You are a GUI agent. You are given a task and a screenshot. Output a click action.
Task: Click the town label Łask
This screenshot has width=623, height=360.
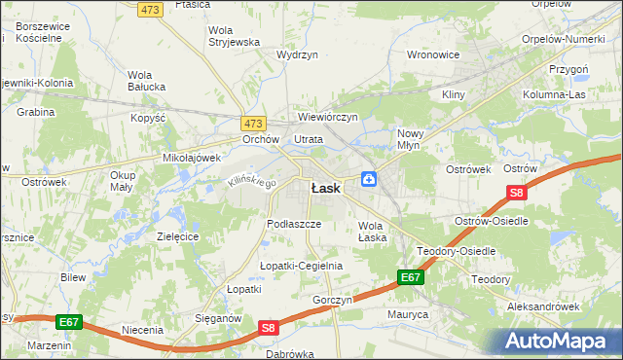point(325,189)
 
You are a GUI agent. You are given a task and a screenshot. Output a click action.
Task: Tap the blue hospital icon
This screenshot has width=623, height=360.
point(370,178)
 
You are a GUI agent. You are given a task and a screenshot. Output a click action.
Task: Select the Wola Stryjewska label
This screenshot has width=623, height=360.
point(234,36)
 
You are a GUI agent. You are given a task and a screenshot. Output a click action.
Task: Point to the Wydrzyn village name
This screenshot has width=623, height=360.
point(298,55)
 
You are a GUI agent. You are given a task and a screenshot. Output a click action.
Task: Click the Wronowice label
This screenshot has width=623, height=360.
point(432,55)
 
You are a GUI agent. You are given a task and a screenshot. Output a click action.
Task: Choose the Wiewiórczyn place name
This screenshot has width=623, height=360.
point(329,117)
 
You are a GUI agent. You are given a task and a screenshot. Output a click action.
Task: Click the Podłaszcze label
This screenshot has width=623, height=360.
point(294,224)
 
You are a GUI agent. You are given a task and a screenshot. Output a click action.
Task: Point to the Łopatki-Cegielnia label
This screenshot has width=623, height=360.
point(301,266)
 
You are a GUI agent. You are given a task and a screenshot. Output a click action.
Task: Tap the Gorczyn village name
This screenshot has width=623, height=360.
point(332,300)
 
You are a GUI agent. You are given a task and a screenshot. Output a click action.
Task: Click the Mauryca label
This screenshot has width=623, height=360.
point(408,314)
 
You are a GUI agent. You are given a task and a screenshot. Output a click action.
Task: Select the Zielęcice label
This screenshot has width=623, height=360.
point(177,236)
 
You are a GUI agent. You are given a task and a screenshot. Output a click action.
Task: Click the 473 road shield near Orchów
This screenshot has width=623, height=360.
point(253,124)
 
